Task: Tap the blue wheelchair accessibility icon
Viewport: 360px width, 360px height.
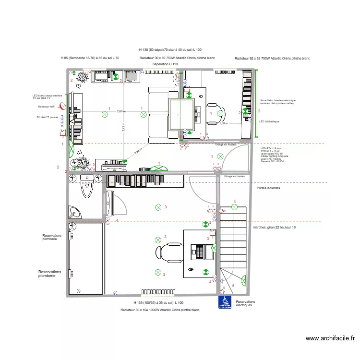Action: point(225,302)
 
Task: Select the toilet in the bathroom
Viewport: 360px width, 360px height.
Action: point(87,186)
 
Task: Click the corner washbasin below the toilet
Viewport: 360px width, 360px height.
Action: point(75,211)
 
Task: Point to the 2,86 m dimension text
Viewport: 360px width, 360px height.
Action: point(121,111)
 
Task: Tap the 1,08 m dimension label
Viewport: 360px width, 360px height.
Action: point(223,123)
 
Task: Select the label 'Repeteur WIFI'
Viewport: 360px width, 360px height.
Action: point(47,107)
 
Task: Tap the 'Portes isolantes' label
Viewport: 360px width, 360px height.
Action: point(269,188)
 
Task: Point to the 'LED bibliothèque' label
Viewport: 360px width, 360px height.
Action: point(269,121)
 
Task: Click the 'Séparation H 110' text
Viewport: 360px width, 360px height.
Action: point(165,64)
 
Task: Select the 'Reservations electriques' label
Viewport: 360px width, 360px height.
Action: point(245,303)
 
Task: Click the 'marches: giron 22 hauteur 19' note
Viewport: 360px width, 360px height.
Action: point(274,227)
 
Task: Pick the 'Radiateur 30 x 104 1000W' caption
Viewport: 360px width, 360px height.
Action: point(160,310)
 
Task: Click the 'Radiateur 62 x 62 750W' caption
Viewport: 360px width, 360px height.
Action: point(272,58)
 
